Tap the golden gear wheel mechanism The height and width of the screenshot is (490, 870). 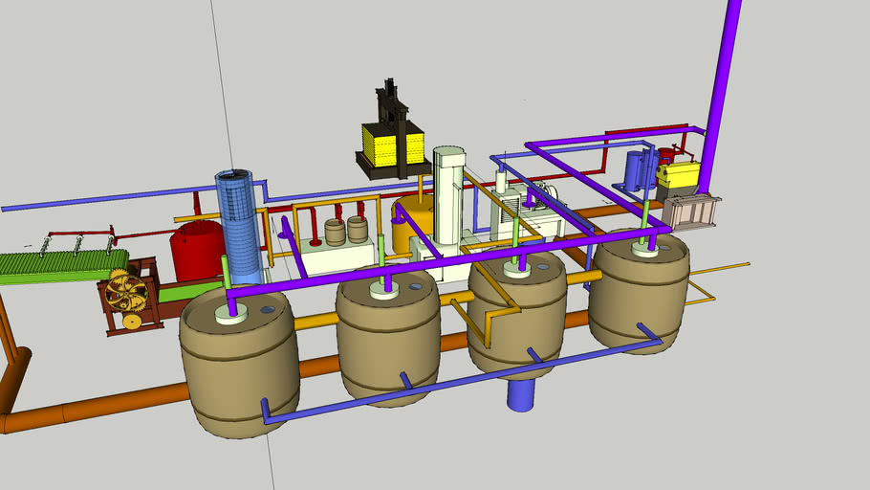tap(127, 292)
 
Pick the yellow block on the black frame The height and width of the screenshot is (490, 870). tap(392, 144)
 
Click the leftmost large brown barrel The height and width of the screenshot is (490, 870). tap(238, 368)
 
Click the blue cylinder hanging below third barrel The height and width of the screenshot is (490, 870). tap(520, 393)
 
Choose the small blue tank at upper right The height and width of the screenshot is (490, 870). tap(636, 170)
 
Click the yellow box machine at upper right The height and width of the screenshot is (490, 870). tap(678, 177)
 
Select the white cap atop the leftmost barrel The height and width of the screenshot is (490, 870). tap(231, 314)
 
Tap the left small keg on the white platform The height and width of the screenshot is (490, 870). tap(335, 232)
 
